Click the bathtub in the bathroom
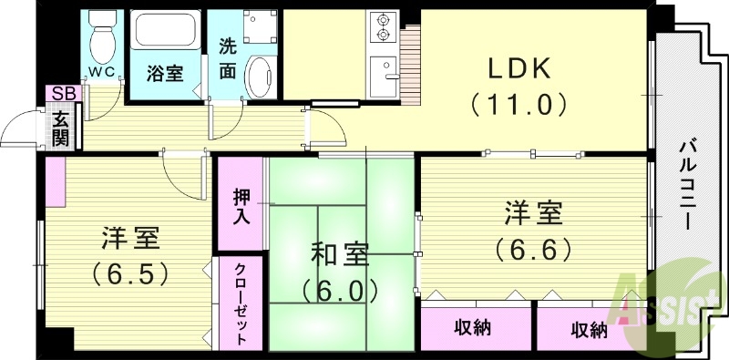coord(166,32)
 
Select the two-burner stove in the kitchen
coord(382,28)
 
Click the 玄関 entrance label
coord(60,128)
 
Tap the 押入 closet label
coord(242,205)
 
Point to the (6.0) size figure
coord(340,290)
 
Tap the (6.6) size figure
coord(534,247)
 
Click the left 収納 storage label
coord(476,328)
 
